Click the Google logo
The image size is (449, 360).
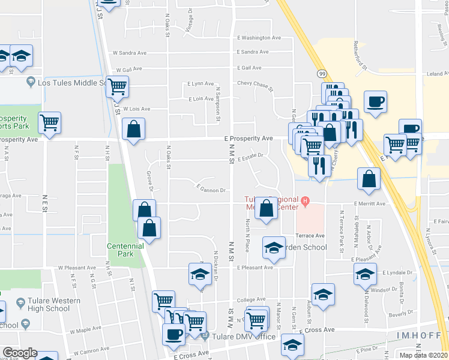pos(20,352)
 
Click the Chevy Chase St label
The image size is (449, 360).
pos(255,83)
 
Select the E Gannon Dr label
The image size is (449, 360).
pos(211,190)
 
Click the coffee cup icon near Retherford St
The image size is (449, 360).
pos(375,101)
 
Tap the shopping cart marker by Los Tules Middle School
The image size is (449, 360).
pos(118,86)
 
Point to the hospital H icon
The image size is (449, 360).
pos(305,200)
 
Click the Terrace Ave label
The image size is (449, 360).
pos(310,235)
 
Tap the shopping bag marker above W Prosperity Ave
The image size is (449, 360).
pos(133,129)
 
